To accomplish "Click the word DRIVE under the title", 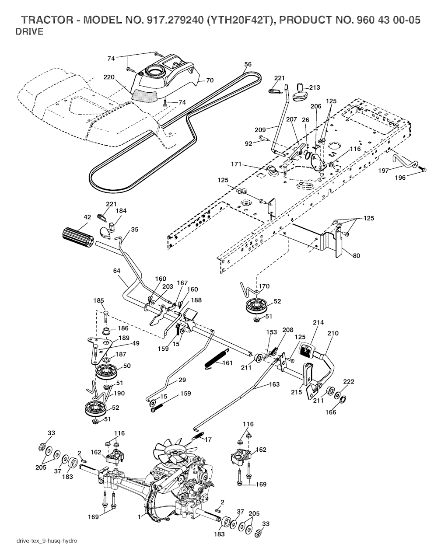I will tap(29, 31).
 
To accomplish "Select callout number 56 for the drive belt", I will tap(248, 64).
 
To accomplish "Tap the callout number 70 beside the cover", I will tap(210, 80).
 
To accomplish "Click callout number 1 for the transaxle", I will tap(139, 516).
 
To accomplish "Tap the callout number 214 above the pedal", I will tap(318, 323).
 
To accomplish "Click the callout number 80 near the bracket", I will tap(356, 256).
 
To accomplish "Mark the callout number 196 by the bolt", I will tap(400, 178).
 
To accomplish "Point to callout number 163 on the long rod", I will tap(273, 384).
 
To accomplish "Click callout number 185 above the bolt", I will tap(98, 300).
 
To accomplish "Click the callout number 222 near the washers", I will tap(348, 381).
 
